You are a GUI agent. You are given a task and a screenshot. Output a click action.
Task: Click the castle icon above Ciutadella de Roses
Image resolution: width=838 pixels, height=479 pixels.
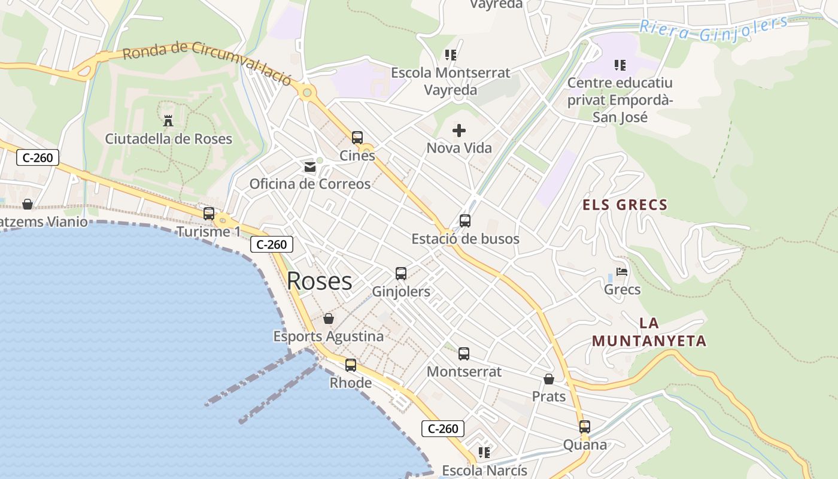point(168,121)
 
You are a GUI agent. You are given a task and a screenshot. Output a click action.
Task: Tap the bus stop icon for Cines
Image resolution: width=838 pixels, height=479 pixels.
point(357,138)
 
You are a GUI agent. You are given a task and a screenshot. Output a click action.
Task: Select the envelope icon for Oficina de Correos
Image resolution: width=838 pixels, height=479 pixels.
point(310,166)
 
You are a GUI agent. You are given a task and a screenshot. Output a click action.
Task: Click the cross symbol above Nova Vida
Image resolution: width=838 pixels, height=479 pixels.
point(459,130)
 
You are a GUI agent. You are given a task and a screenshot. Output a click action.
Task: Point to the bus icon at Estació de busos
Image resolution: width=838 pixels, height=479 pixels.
point(465,221)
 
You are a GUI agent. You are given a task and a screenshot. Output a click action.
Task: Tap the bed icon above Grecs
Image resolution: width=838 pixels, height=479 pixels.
point(622,272)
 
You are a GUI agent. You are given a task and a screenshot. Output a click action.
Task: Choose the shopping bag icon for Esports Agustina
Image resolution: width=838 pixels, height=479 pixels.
point(329,319)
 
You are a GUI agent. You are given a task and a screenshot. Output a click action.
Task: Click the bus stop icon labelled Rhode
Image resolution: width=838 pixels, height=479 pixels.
point(351,365)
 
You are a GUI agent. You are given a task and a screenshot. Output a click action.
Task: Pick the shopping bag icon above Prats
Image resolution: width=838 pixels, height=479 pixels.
point(549,379)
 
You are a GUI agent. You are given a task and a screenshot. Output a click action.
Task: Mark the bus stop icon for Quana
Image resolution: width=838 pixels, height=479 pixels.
point(585,427)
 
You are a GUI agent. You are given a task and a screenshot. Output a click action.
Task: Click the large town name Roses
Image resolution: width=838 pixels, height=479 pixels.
point(320,281)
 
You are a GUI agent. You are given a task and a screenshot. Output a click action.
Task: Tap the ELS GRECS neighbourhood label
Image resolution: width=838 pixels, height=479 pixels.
point(625,205)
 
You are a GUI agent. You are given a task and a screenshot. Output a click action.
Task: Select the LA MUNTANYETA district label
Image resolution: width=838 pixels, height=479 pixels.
point(649,332)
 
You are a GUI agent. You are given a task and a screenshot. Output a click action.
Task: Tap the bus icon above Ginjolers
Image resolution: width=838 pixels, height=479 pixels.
point(401,274)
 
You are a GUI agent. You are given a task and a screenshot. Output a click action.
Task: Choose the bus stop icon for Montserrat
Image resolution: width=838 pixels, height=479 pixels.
point(464,354)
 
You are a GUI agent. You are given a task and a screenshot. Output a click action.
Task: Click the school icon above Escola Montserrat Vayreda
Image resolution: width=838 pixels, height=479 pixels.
point(451,55)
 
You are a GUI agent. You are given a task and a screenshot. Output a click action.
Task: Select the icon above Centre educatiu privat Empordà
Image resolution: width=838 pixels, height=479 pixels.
point(620,65)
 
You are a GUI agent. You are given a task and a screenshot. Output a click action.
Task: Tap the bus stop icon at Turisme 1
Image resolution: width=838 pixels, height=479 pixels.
point(209,214)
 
